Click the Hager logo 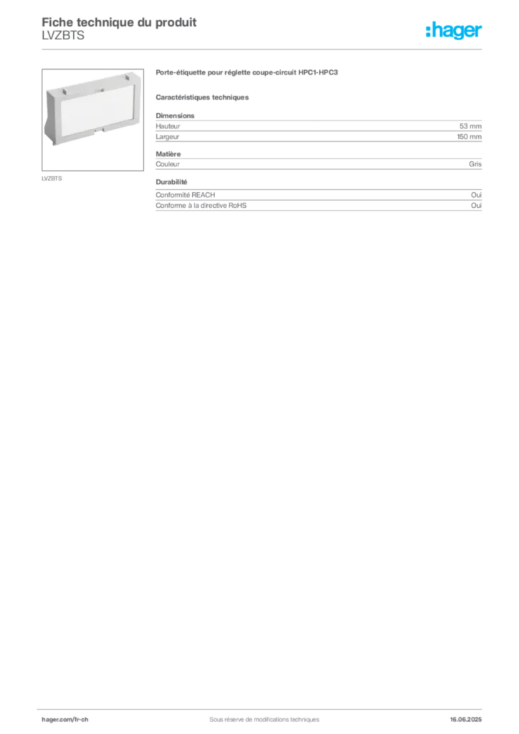(x=453, y=30)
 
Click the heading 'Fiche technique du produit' (x=119, y=22)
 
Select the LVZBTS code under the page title (x=63, y=36)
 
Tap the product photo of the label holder (x=92, y=120)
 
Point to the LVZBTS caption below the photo (x=52, y=178)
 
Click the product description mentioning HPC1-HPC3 (x=247, y=72)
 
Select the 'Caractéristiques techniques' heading (x=202, y=97)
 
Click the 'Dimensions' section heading (x=175, y=115)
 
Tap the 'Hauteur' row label (x=168, y=126)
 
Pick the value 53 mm (x=470, y=126)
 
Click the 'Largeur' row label (x=168, y=137)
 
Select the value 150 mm (x=469, y=137)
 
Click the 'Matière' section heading (x=168, y=154)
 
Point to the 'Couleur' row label (x=168, y=164)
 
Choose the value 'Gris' (x=475, y=164)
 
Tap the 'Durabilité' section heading (x=171, y=182)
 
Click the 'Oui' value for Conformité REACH (x=476, y=195)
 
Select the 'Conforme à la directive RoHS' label (x=201, y=206)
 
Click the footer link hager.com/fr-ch (x=65, y=720)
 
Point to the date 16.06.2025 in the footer (x=466, y=720)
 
